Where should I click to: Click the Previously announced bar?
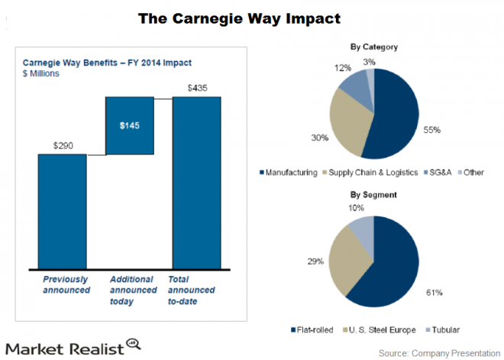[x=63, y=210]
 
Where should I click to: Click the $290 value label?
[x=63, y=144]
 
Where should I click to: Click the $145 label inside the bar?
[x=131, y=125]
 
